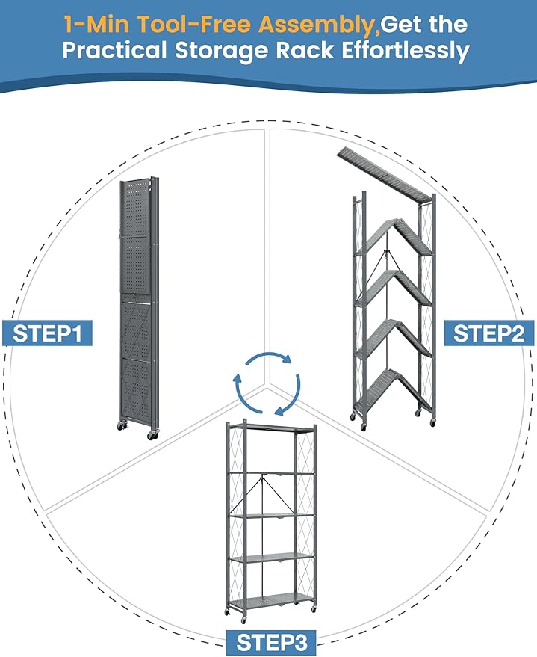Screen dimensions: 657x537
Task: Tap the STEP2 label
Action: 489,333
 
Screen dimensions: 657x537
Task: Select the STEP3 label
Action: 270,642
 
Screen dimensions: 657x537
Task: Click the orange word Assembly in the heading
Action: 317,24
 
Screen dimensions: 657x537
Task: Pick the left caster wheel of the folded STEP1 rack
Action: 121,426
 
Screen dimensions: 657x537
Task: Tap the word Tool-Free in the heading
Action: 197,24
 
